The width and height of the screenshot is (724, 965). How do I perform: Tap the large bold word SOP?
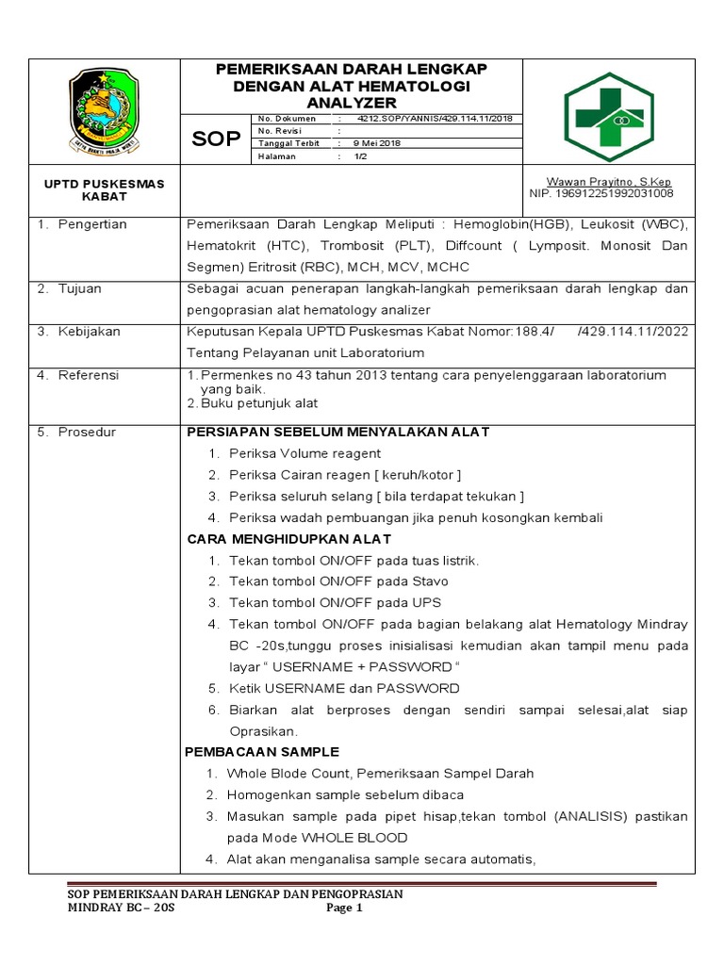[216, 139]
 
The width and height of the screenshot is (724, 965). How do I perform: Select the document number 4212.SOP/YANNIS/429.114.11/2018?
[435, 119]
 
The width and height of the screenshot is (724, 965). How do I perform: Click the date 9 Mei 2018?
[377, 143]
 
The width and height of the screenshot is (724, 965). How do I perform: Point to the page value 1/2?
[360, 156]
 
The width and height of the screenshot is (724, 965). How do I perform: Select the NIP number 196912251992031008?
[601, 193]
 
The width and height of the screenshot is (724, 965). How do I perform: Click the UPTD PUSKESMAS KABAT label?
[105, 189]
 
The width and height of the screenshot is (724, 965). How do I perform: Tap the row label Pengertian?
[92, 224]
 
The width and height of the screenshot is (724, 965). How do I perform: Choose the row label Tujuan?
[79, 288]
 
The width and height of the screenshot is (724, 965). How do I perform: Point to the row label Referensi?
[89, 375]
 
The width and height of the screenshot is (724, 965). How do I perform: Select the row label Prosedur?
[87, 432]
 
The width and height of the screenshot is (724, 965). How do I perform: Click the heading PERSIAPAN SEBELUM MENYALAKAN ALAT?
[338, 432]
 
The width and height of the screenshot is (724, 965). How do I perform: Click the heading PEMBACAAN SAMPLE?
[263, 752]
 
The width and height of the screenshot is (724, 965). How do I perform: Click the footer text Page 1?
[344, 908]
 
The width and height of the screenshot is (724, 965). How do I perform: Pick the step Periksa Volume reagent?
[304, 453]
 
